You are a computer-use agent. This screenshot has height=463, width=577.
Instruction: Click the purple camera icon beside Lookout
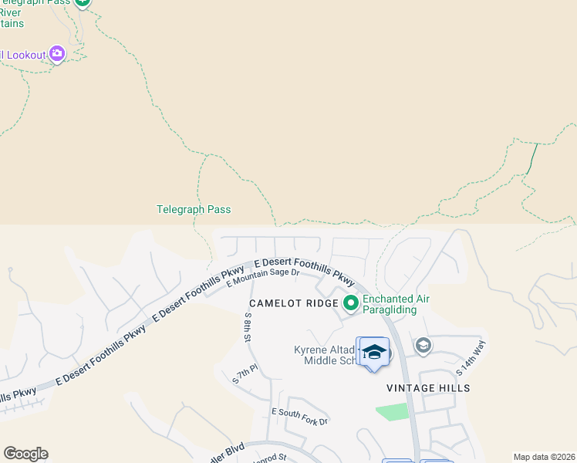coord(56,53)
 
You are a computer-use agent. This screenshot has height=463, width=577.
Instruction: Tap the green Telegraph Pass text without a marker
coord(194,209)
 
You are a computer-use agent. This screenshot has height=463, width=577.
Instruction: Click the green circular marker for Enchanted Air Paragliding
coord(351,303)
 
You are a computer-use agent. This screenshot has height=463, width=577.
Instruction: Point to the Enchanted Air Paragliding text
coord(396,304)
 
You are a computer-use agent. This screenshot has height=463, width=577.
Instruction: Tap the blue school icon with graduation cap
coord(374,353)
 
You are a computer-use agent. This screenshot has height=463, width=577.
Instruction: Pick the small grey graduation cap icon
coord(423,345)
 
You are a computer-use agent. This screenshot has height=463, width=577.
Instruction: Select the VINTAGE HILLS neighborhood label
coord(429,388)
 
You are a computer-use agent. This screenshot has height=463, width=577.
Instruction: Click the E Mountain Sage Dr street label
coord(263,276)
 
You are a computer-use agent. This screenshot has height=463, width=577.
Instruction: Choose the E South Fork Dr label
coord(299,417)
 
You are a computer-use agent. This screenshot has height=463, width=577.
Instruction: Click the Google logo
coord(25,454)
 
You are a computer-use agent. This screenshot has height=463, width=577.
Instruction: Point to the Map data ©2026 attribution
coord(544,457)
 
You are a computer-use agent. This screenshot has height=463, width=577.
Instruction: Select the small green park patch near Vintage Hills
coord(393,412)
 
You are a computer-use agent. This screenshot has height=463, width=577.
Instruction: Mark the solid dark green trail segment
coord(532,157)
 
